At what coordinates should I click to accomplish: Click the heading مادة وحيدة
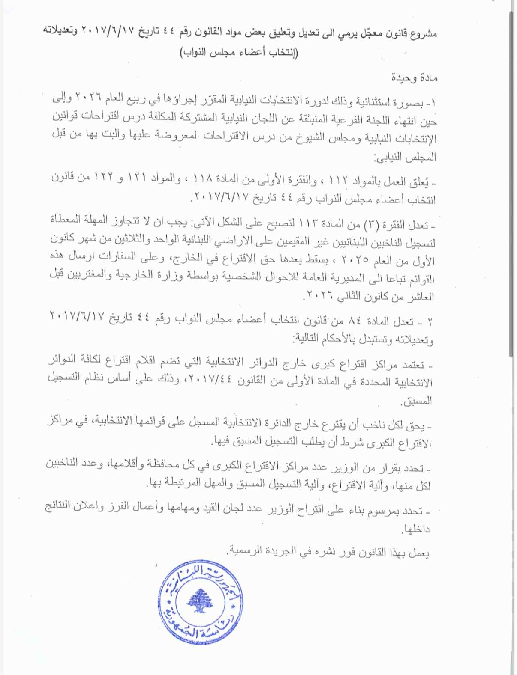[414, 78]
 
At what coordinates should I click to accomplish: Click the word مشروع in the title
[424, 33]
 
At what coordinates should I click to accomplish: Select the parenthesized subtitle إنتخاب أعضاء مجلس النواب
[238, 53]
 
